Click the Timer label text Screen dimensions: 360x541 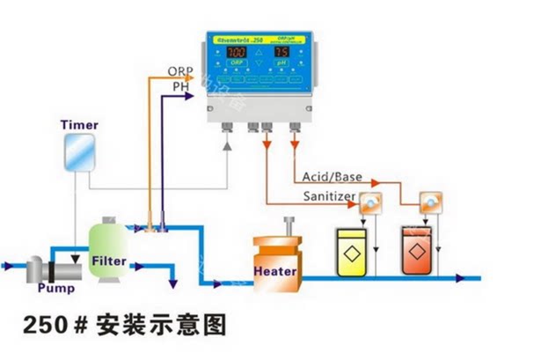78,126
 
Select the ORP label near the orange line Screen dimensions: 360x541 180,71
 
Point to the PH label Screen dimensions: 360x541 180,86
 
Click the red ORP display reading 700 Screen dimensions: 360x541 237,53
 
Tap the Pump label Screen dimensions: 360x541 55,288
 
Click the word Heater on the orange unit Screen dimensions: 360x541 275,270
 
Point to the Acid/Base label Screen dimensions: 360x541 332,178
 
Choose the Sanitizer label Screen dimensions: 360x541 328,195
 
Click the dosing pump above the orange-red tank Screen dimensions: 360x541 430,202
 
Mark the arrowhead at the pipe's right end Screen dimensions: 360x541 460,277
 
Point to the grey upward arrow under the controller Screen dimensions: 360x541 228,144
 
